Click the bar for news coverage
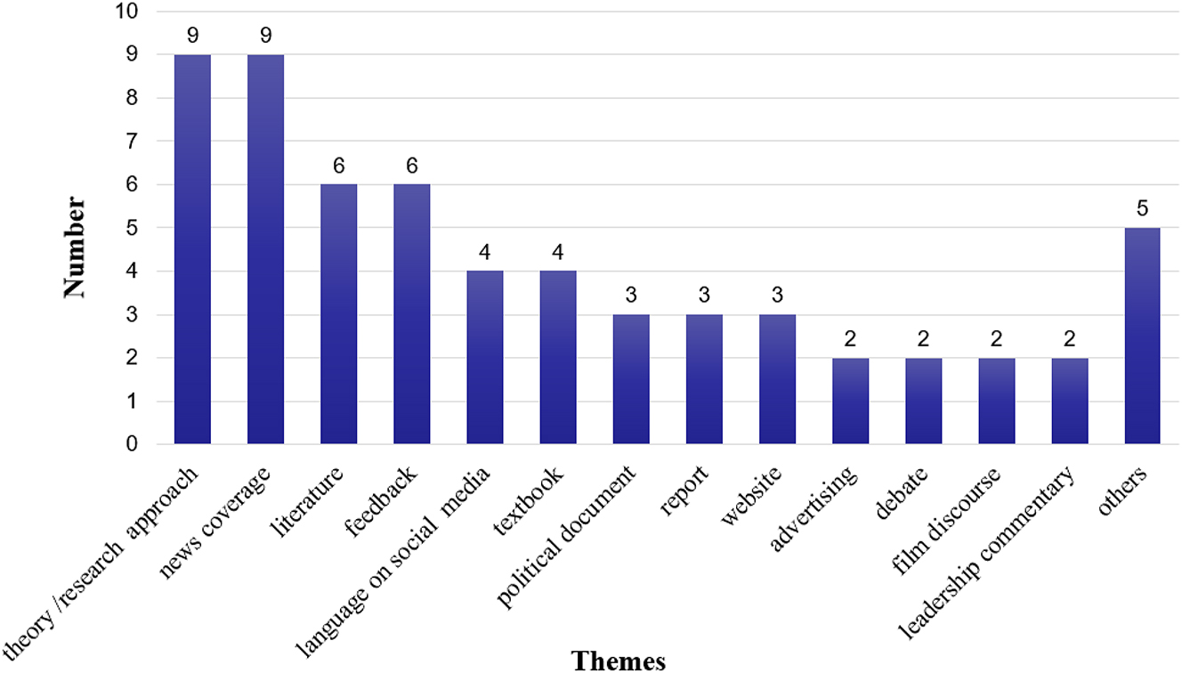point(265,249)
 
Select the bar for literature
point(338,313)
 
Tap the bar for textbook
point(557,357)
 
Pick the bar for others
point(1142,336)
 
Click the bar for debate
point(923,401)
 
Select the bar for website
point(777,379)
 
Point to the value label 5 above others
point(1142,209)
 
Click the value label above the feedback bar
point(411,166)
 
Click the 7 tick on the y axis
point(133,142)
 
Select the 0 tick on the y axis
point(133,444)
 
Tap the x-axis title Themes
point(619,660)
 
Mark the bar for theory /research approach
point(192,249)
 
